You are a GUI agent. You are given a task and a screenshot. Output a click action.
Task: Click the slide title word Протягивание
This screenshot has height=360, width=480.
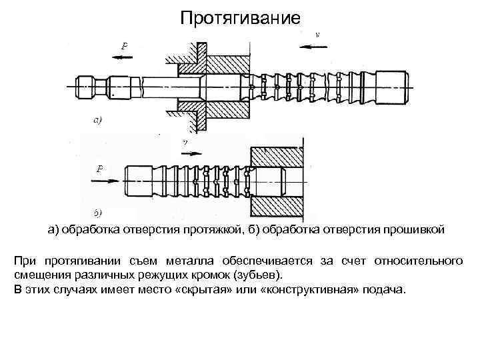click(241, 17)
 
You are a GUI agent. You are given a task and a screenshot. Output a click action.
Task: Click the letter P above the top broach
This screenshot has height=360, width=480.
click(124, 45)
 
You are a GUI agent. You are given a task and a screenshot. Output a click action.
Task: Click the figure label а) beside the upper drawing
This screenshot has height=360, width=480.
click(97, 121)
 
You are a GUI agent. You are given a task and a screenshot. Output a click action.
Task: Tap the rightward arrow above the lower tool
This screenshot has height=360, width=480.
click(189, 152)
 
